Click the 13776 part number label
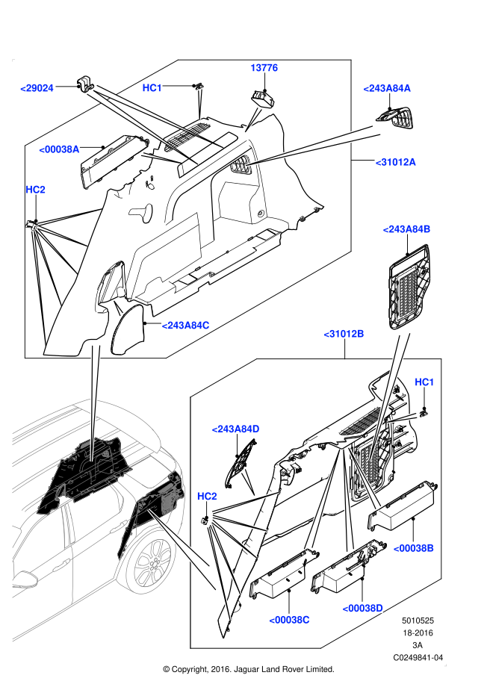tap(264, 68)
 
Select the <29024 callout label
tap(37, 88)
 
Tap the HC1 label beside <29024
tap(152, 88)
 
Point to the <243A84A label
tap(387, 88)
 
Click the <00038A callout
tap(59, 149)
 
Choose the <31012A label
tap(395, 162)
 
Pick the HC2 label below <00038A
tap(35, 190)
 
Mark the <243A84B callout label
tap(406, 229)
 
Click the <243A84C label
tap(185, 326)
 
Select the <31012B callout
tap(344, 334)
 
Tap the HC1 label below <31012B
tap(424, 382)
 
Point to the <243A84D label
tap(235, 429)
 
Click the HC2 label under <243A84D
tap(207, 497)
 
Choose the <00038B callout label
tap(413, 548)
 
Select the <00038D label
tap(362, 609)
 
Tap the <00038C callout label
tap(289, 620)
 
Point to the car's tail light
tap(170, 494)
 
